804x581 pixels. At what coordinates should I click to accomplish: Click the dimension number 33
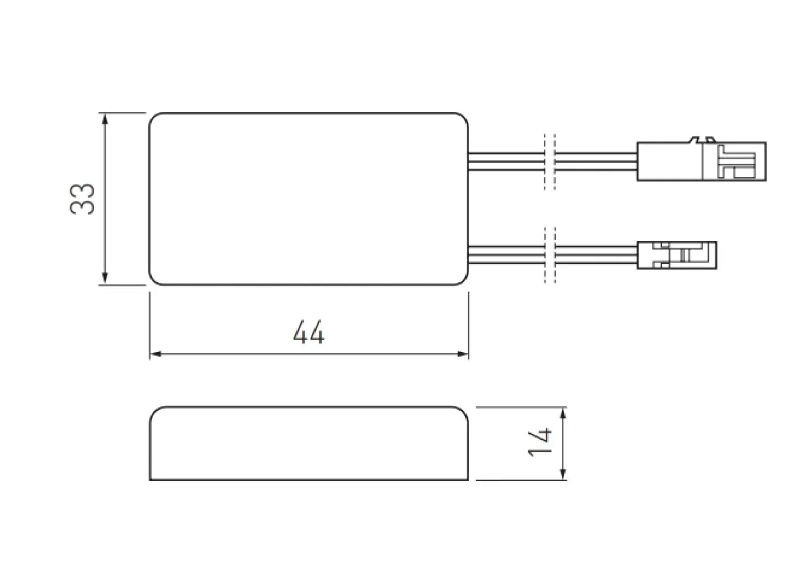82,199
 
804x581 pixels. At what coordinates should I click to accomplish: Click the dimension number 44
308,332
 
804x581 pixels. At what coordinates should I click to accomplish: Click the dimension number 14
539,442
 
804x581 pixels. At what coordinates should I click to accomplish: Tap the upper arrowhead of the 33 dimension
105,119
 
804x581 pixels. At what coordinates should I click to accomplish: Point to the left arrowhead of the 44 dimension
156,354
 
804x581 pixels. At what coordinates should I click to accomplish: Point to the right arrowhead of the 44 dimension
462,354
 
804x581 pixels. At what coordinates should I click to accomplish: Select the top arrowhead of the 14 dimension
562,414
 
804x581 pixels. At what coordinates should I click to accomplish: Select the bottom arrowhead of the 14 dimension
562,474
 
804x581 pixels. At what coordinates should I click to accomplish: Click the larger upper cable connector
701,161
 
